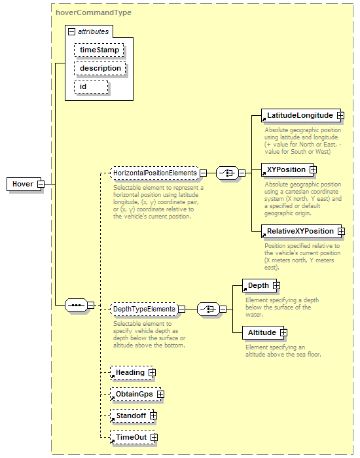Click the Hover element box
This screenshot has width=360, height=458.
(x=24, y=184)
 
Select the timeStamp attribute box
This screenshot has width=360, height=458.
(x=99, y=50)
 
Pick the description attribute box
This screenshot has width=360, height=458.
(x=100, y=68)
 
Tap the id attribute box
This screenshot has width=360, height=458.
(x=91, y=87)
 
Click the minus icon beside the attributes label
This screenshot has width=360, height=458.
(x=71, y=31)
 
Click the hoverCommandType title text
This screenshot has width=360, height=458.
(x=94, y=12)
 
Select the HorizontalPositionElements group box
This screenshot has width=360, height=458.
(x=155, y=173)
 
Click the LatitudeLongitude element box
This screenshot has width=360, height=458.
(x=300, y=116)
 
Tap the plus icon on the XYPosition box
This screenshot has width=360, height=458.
(x=313, y=169)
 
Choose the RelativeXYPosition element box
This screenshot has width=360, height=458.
(x=301, y=232)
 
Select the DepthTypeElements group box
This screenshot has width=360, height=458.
(x=144, y=309)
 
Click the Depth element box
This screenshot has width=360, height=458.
(x=259, y=286)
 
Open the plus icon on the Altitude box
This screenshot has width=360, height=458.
(x=283, y=332)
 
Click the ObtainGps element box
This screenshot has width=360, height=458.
(x=135, y=395)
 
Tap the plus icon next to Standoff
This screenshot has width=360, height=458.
(x=153, y=416)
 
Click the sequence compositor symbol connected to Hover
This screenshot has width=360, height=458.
(x=76, y=306)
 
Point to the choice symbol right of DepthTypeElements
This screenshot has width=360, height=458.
(x=208, y=309)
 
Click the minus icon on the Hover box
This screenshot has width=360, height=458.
(x=41, y=185)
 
